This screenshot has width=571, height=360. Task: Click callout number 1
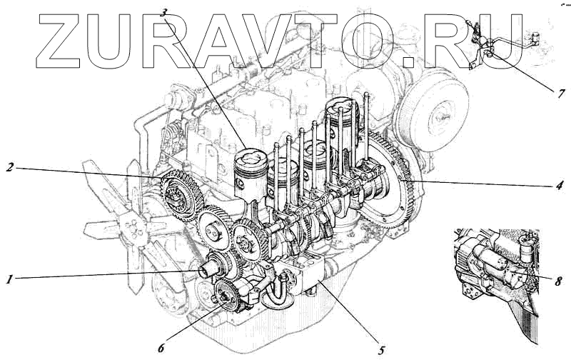click(x=9, y=279)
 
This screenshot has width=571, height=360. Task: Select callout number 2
click(x=10, y=167)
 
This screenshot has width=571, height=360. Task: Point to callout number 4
click(x=560, y=185)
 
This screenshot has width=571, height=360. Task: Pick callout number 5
click(x=380, y=351)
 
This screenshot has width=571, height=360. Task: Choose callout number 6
click(x=161, y=348)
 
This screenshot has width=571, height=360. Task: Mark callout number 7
click(x=561, y=93)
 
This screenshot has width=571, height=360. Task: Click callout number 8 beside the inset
click(x=558, y=281)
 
